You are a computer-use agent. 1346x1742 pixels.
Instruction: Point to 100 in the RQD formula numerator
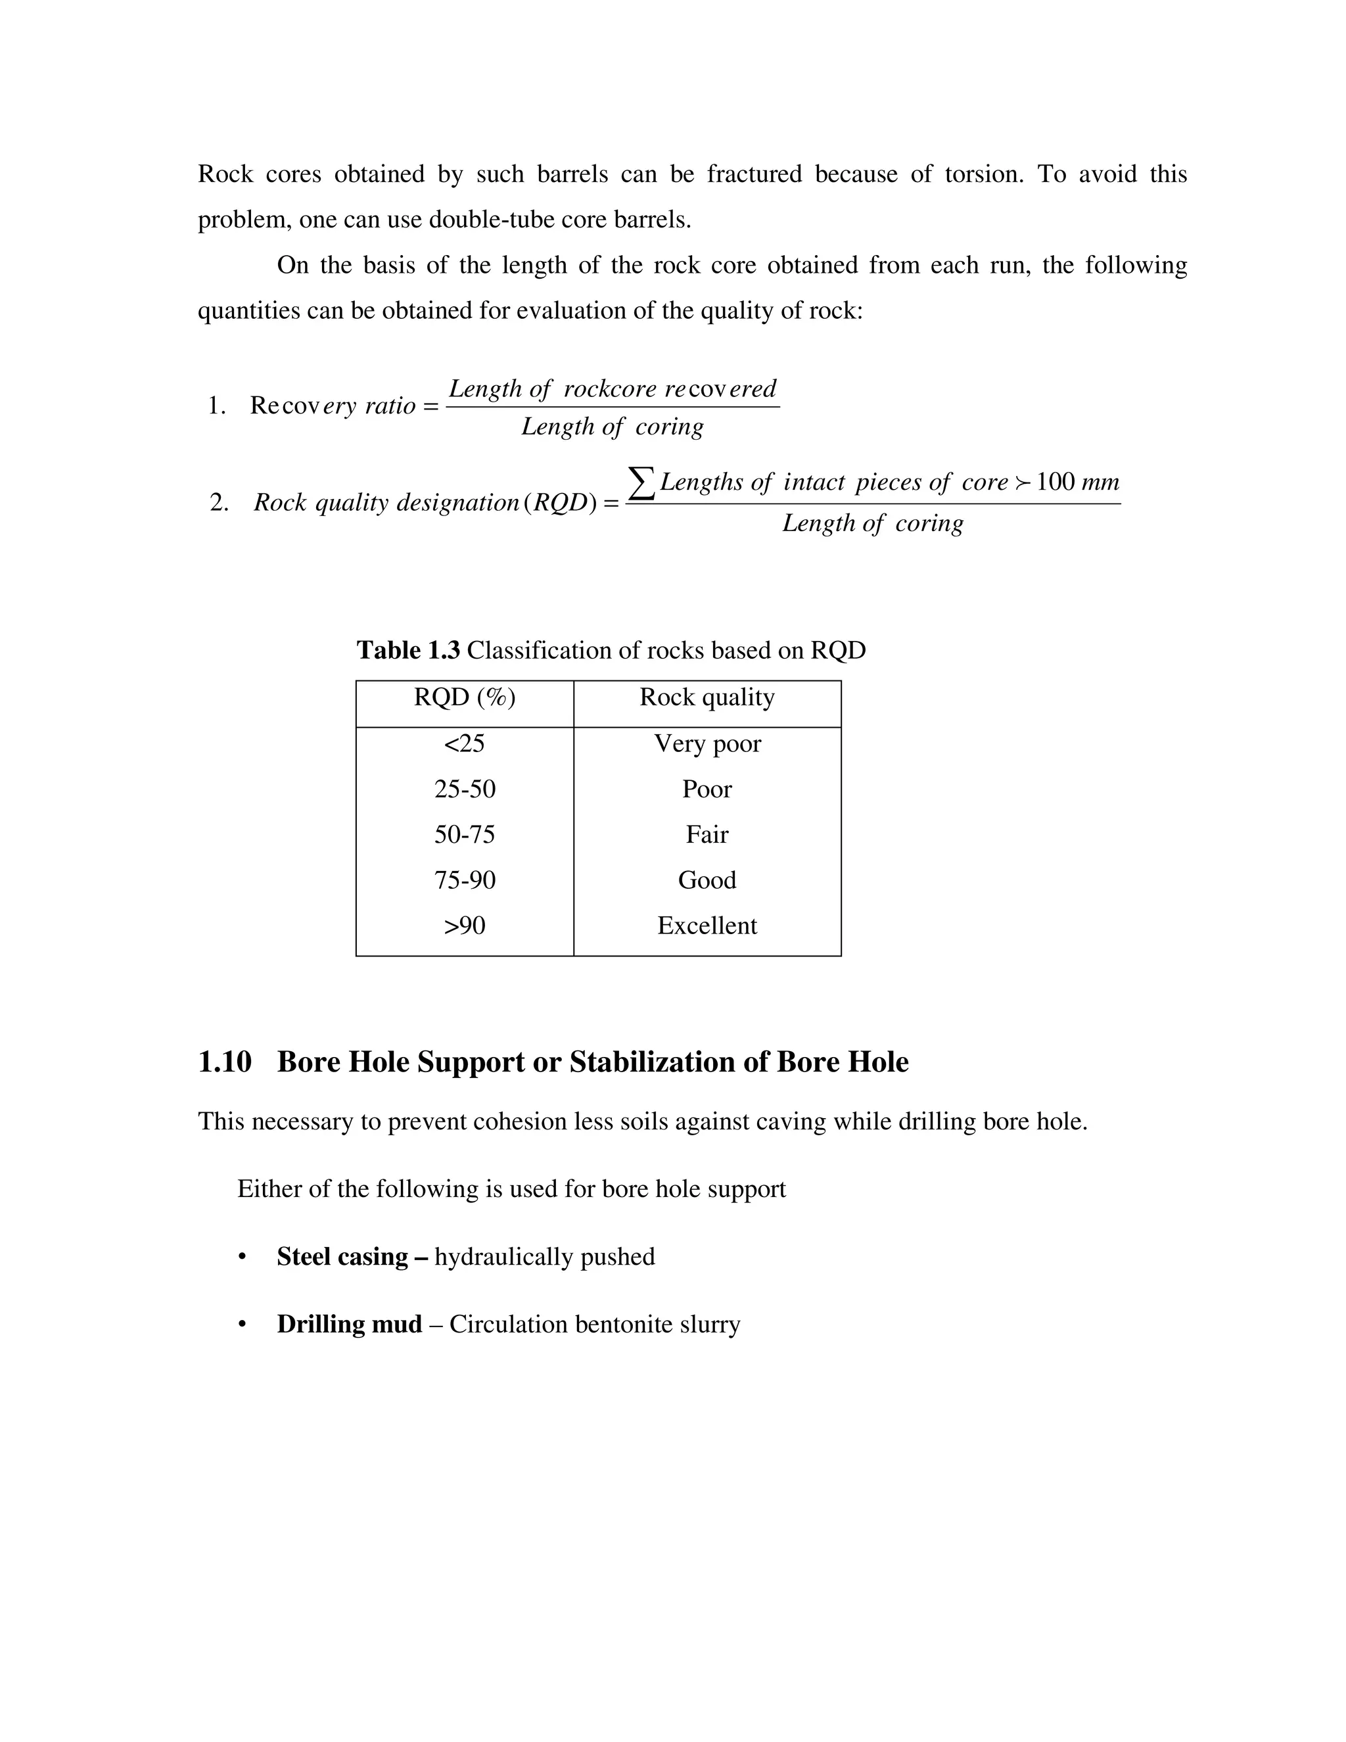1055,482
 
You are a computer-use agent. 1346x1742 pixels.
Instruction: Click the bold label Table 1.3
407,650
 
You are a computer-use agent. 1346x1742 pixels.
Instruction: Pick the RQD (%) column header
464,698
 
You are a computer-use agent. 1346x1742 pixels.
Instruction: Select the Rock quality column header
707,698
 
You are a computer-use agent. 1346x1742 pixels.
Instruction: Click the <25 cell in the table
464,743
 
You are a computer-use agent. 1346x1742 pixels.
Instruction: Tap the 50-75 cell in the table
464,834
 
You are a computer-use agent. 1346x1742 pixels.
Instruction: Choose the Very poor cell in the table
707,743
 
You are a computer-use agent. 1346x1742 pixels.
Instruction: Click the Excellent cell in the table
707,926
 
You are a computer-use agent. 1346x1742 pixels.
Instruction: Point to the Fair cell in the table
707,834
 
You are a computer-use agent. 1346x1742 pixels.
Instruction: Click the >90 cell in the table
464,926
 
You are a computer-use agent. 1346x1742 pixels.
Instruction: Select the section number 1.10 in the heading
224,1062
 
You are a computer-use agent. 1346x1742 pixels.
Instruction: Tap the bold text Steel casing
342,1256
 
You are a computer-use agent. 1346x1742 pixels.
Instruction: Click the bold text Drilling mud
349,1324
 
